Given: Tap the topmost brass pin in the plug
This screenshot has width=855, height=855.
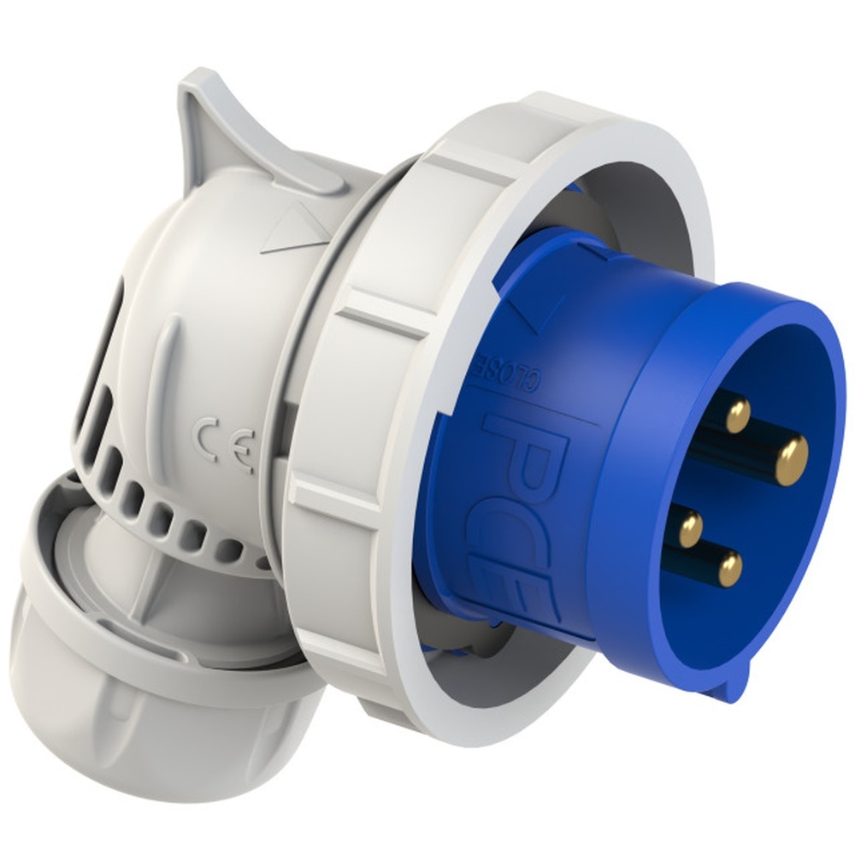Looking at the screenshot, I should coord(735,414).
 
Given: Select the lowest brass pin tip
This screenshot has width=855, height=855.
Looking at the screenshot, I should coord(729,568).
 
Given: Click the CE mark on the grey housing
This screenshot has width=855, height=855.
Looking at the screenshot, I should coord(225,443).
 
